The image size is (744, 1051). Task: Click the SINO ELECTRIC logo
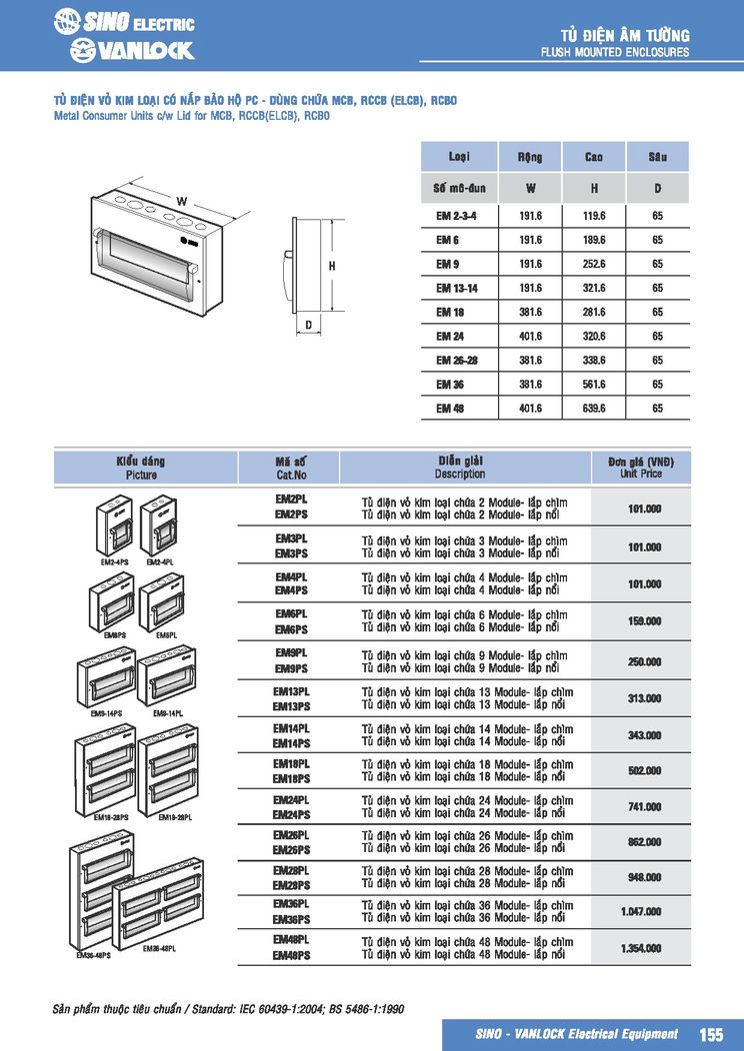[x=124, y=22]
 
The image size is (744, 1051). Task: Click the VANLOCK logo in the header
[x=132, y=50]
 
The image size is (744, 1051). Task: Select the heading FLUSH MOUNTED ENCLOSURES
[x=614, y=52]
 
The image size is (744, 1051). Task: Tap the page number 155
[x=711, y=1034]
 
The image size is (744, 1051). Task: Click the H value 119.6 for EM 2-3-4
[x=594, y=216]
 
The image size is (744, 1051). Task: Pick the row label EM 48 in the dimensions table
[x=449, y=408]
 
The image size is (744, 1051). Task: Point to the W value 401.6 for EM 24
[x=530, y=337]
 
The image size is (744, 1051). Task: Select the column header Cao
[x=594, y=157]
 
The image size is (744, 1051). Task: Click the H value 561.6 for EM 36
[x=594, y=384]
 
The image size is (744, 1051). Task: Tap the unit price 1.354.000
[x=641, y=948]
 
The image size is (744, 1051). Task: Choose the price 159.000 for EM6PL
[x=641, y=621]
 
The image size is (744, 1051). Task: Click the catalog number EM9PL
[x=291, y=652]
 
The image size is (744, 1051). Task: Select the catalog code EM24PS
[x=291, y=814]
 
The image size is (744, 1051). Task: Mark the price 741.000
[x=641, y=806]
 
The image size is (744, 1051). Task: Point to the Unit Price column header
[x=641, y=474]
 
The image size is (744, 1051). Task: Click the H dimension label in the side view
[x=331, y=266]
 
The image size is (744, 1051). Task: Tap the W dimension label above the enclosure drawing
[x=182, y=202]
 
